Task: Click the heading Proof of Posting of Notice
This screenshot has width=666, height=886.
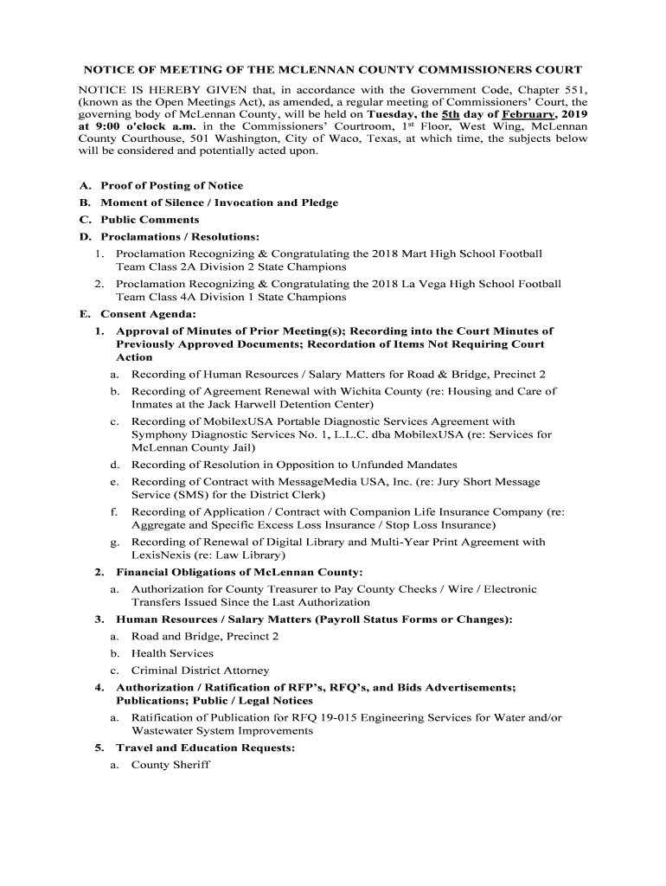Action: (171, 186)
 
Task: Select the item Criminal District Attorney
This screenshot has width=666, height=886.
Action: (200, 671)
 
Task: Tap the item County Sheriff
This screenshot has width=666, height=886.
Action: (170, 765)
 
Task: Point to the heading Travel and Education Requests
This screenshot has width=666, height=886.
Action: (205, 748)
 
